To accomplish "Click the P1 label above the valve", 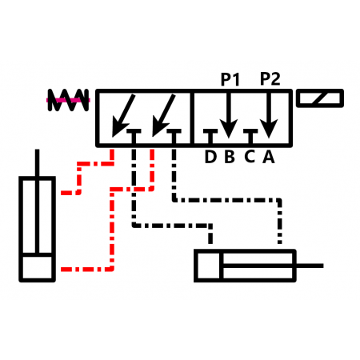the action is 230,79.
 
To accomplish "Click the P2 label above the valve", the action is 270,78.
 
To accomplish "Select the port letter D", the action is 210,157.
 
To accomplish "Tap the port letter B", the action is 230,157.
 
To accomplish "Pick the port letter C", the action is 250,157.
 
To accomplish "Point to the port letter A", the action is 269,157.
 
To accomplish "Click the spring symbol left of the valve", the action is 68,100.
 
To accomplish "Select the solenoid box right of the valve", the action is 320,98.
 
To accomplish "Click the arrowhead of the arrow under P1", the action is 229,129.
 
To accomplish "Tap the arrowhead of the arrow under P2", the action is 269,129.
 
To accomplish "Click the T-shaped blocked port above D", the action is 210,137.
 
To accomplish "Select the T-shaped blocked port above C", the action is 250,137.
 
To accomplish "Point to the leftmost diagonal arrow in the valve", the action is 123,115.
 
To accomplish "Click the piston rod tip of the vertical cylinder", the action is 37,150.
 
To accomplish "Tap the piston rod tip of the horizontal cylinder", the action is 322,266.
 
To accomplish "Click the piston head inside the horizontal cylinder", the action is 221,266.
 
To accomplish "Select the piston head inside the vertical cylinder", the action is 37,254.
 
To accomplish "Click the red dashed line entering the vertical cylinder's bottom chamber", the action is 86,270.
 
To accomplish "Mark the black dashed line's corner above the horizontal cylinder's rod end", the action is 279,200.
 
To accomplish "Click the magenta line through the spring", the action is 68,100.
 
